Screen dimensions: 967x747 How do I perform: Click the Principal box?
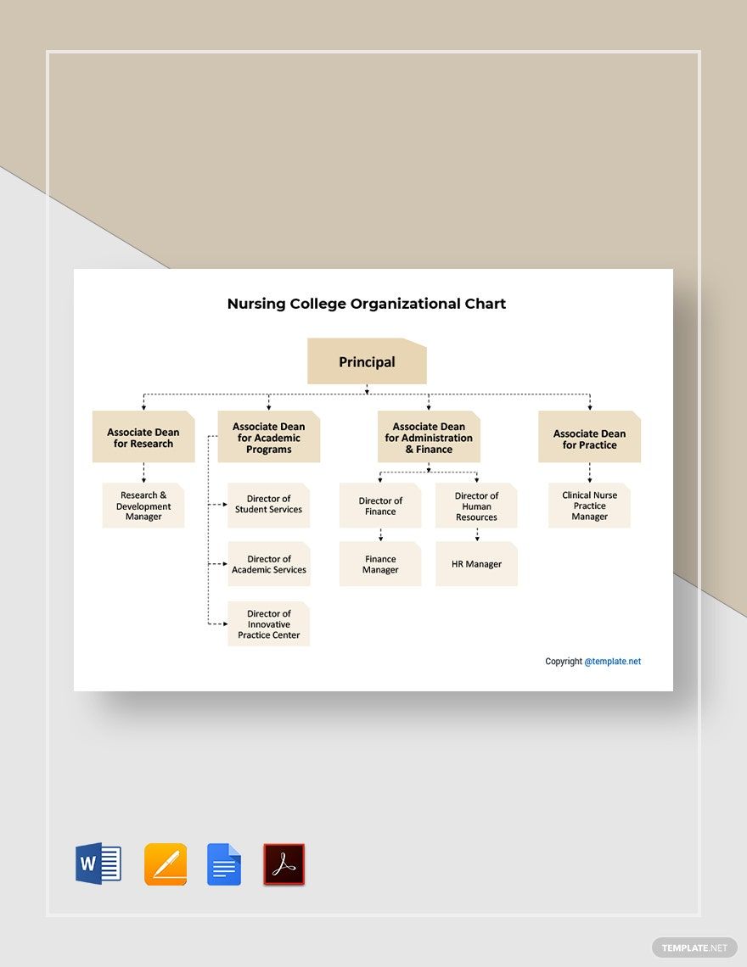click(x=367, y=361)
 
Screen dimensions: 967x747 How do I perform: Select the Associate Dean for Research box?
click(x=143, y=438)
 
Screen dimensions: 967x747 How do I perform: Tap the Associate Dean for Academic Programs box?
click(x=268, y=438)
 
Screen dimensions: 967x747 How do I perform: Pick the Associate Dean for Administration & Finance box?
click(x=429, y=438)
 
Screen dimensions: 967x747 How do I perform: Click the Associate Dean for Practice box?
click(x=589, y=439)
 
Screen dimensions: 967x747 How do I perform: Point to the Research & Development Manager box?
click(x=143, y=506)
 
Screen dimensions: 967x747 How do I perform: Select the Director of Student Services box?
click(x=268, y=505)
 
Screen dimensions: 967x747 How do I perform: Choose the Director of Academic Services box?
click(x=268, y=564)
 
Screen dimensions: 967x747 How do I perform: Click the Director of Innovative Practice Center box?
click(x=268, y=624)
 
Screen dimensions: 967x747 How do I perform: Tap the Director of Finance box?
click(x=380, y=506)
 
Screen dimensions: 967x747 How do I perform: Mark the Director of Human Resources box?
click(x=476, y=506)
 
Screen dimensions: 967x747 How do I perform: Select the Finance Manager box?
click(x=380, y=564)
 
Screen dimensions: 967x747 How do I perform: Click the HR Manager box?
click(x=476, y=564)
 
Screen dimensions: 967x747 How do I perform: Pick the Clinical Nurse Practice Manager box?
click(x=589, y=506)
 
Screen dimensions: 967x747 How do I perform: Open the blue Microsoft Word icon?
click(x=98, y=864)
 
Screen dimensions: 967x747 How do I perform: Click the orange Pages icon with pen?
click(x=166, y=864)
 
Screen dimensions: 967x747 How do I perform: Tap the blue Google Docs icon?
click(x=224, y=864)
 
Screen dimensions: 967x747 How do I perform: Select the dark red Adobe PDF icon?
click(x=284, y=864)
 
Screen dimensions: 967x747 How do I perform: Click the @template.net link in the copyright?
click(x=612, y=662)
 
